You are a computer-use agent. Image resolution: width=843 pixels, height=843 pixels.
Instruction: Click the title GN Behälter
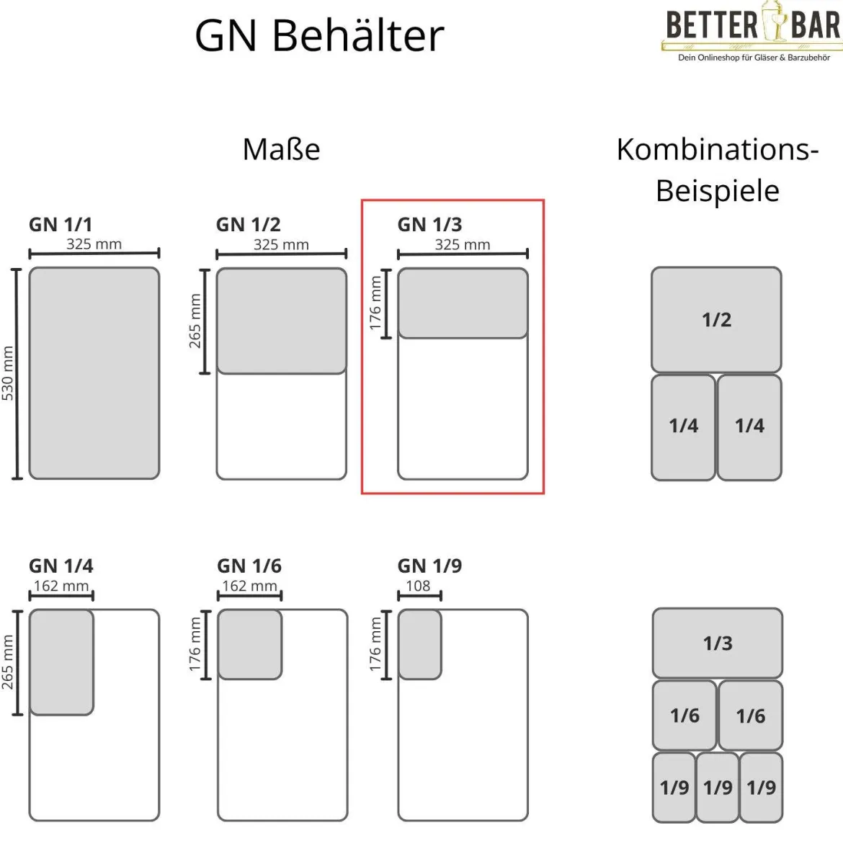(319, 35)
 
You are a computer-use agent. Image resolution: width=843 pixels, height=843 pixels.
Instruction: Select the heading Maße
(281, 149)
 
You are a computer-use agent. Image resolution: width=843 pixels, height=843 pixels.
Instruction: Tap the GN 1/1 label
(61, 224)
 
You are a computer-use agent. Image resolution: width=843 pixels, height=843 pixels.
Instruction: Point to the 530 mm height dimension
(7, 373)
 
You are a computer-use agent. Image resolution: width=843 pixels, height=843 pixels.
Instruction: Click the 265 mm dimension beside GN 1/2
(195, 321)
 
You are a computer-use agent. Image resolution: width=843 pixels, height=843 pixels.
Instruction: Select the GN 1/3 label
(429, 224)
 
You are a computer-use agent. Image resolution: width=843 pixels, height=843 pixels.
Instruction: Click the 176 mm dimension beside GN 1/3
(375, 303)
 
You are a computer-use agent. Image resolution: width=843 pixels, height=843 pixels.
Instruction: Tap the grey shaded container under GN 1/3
(463, 303)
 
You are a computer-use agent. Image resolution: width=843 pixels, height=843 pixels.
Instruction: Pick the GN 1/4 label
(61, 566)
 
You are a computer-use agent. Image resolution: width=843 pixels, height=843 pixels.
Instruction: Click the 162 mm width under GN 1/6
(249, 586)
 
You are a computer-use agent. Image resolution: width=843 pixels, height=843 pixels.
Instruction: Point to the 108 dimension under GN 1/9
(419, 586)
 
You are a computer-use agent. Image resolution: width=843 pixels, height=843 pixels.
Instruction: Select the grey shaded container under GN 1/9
(420, 645)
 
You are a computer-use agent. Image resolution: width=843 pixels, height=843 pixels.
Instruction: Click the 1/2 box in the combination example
(716, 320)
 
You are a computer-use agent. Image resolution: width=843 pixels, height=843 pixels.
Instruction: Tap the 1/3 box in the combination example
(717, 643)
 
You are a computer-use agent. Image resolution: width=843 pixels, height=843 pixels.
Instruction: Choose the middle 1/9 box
(717, 788)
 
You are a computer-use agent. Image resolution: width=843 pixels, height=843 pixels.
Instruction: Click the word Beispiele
(718, 191)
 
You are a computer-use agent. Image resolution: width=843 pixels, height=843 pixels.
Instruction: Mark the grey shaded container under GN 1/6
(250, 645)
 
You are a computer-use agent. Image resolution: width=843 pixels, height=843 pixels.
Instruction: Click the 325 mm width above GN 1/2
(281, 245)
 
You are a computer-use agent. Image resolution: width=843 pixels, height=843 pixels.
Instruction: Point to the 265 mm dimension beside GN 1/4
(7, 662)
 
